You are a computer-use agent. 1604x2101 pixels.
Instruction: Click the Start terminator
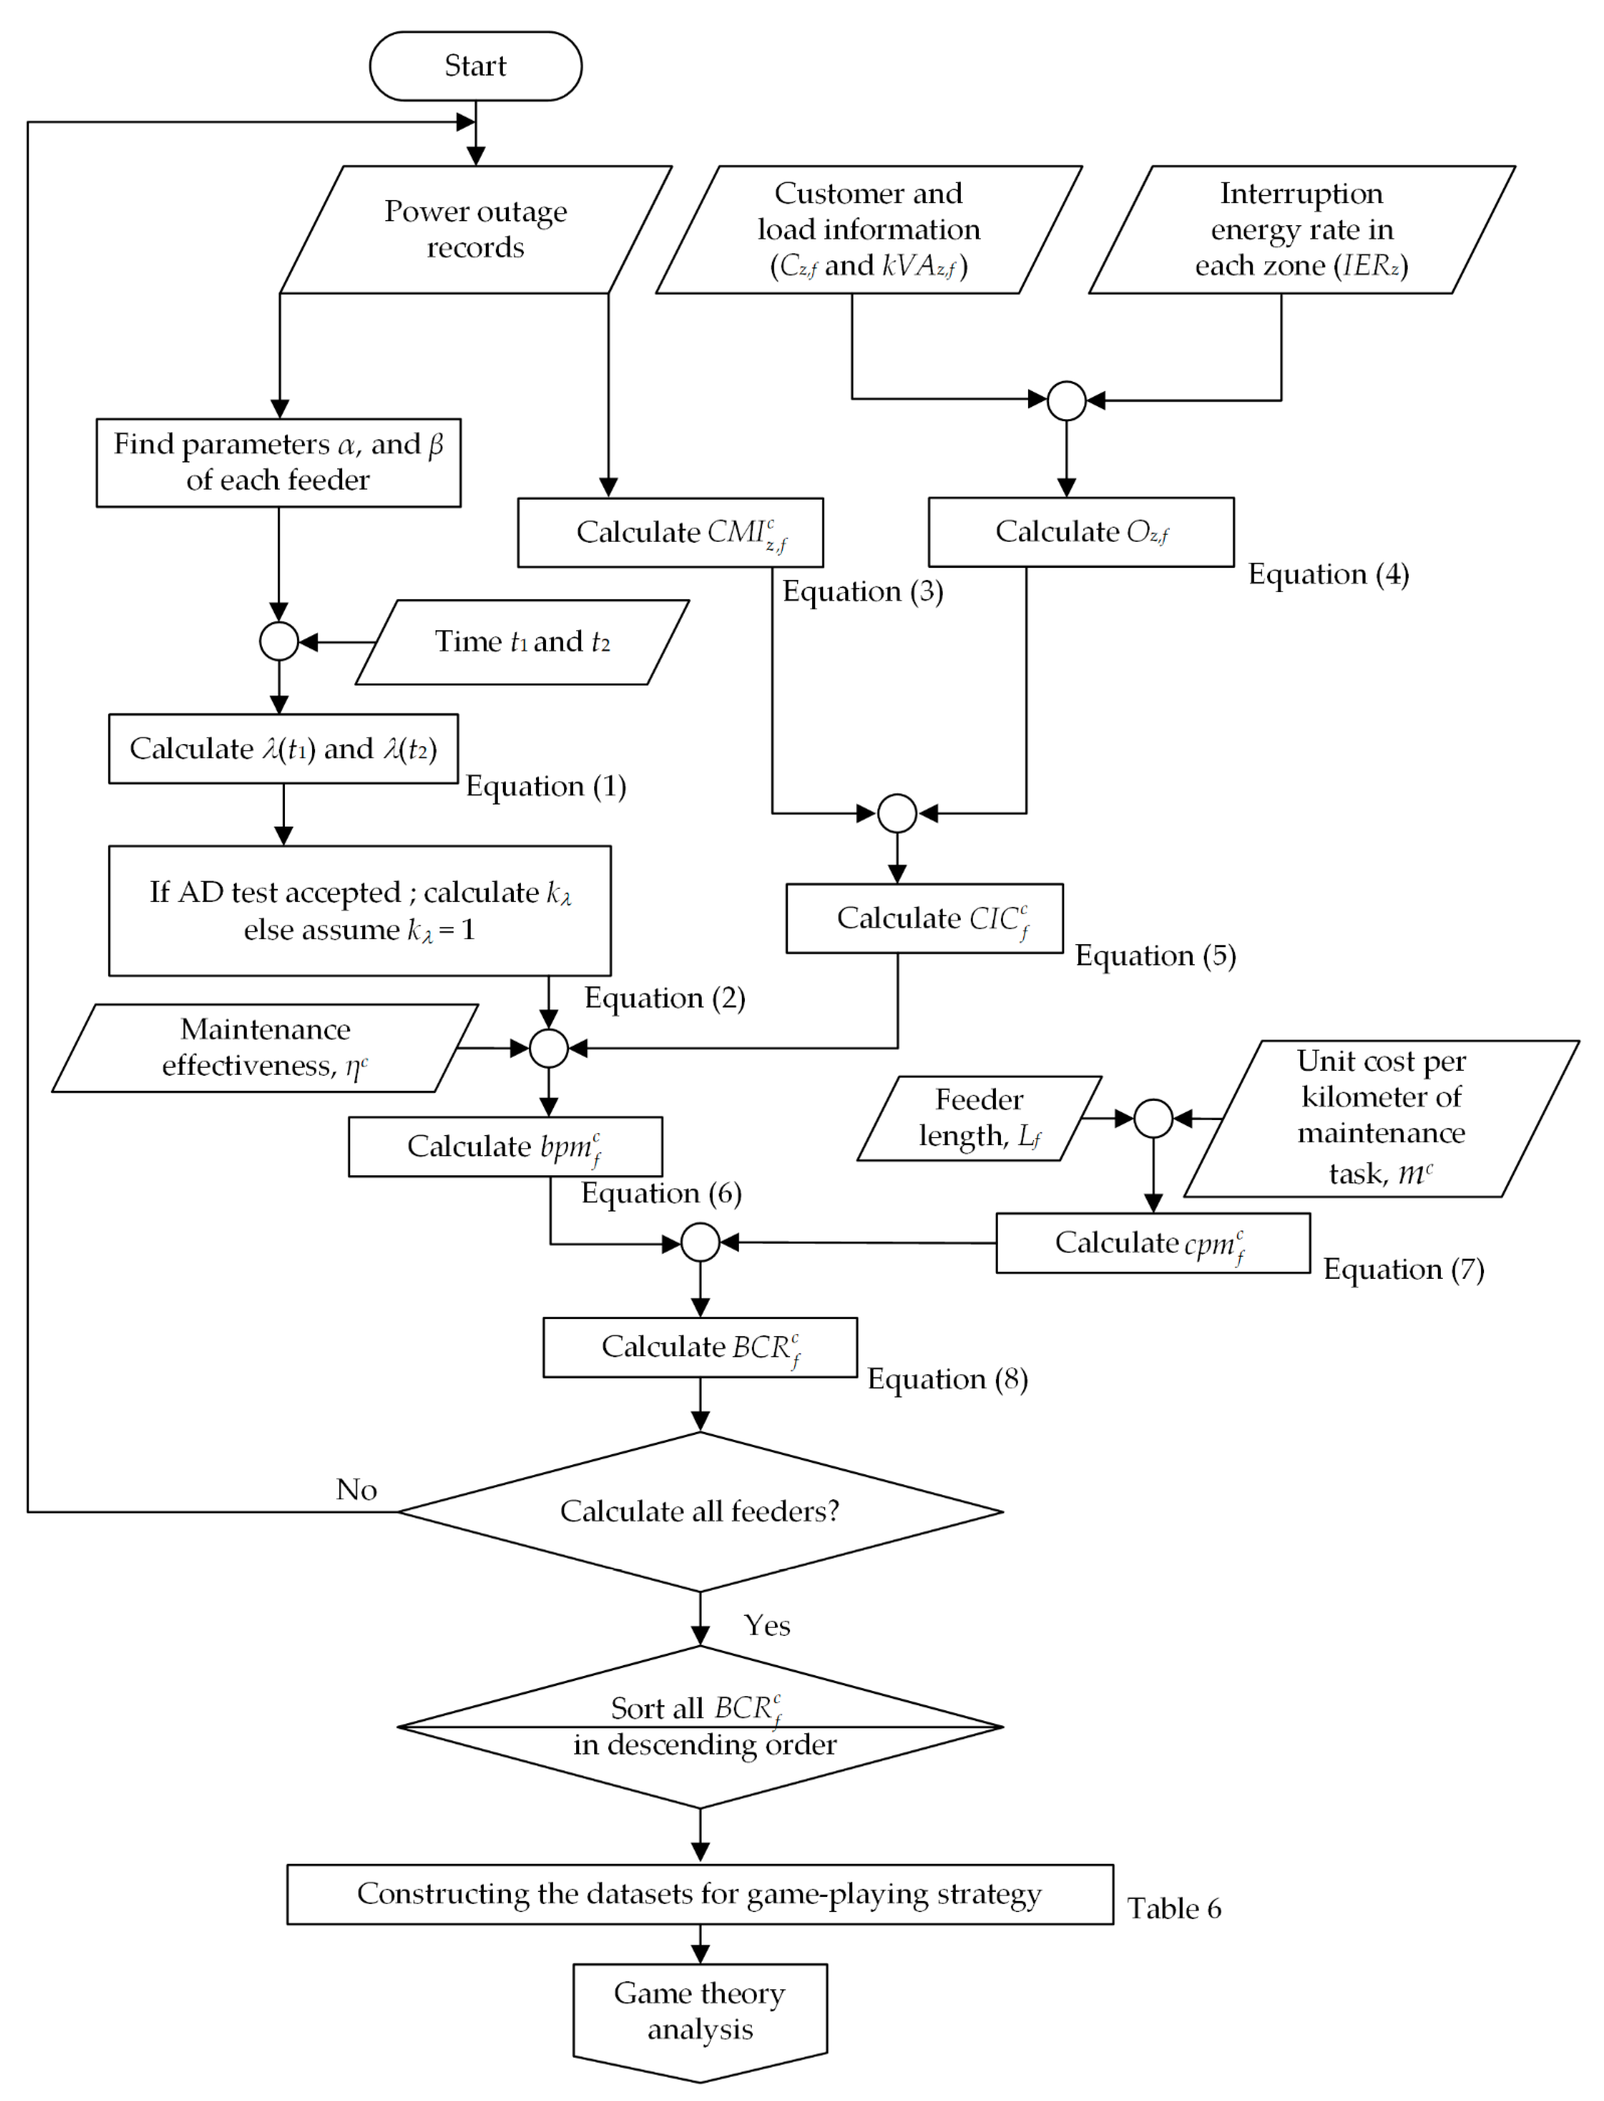(476, 66)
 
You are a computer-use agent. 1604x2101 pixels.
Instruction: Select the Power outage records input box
(476, 229)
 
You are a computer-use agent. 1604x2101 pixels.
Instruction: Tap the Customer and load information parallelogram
(869, 229)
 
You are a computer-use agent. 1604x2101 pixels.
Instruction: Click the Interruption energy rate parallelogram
(1301, 229)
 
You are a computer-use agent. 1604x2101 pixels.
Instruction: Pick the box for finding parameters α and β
(278, 462)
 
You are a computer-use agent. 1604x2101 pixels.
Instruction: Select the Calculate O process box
(1081, 532)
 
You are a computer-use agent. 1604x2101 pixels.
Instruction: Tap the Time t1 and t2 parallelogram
(522, 642)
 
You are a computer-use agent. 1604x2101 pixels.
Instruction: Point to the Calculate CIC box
(924, 919)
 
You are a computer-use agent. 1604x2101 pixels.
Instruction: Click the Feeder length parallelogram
(980, 1118)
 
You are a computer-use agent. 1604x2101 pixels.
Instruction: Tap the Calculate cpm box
(1152, 1243)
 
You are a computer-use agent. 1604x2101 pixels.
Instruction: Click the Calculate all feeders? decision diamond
(700, 1512)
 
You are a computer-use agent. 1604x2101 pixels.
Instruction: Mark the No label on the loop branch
(356, 1490)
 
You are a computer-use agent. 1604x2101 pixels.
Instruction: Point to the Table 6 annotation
(1173, 1909)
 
